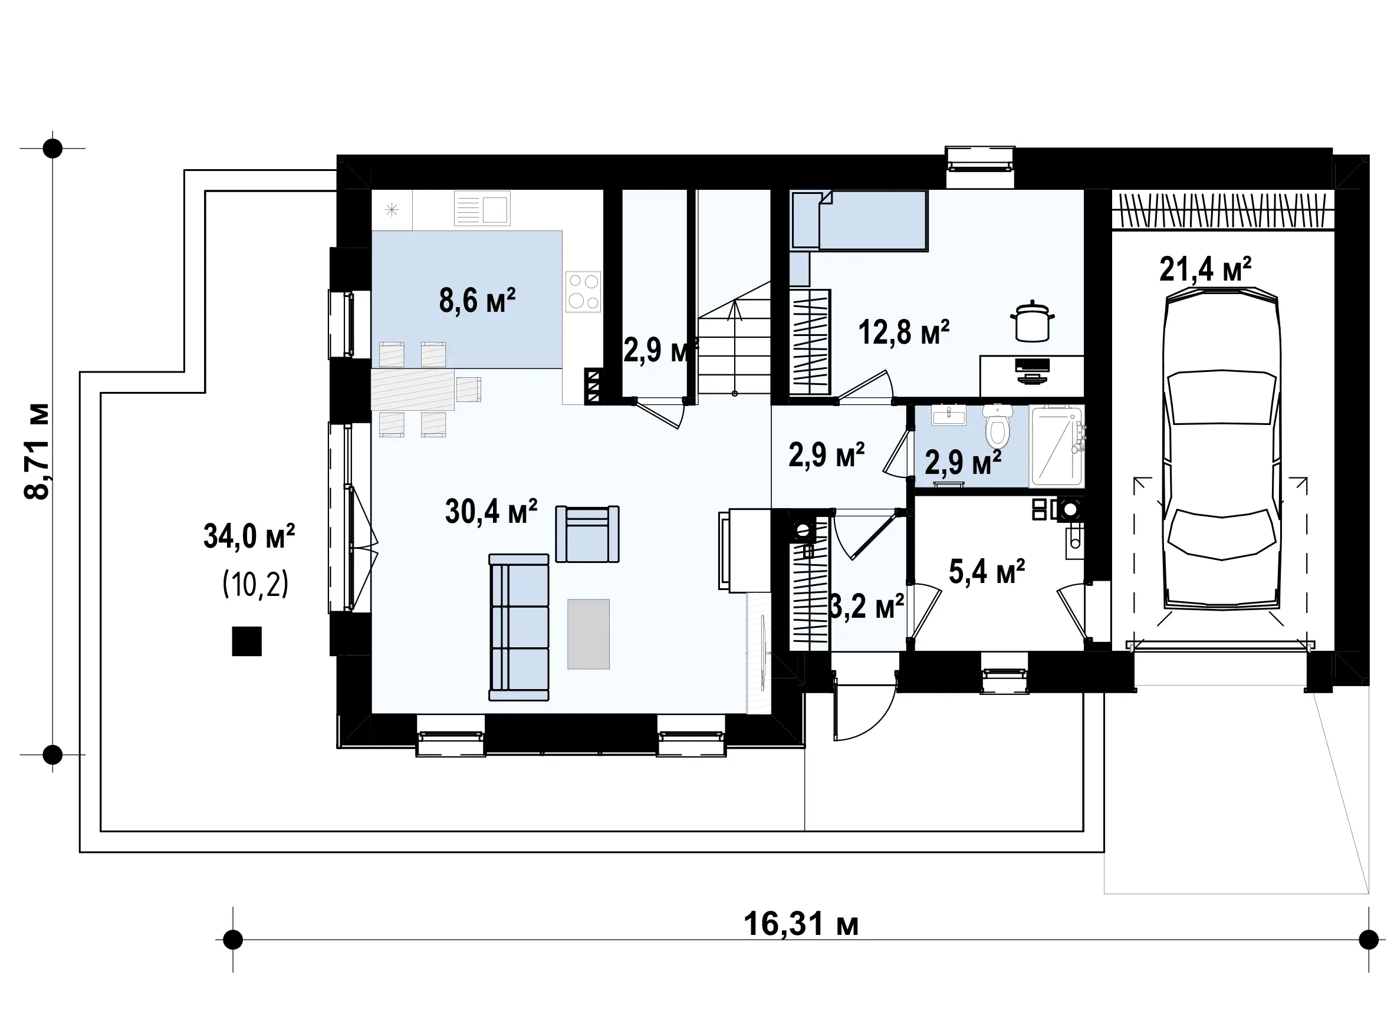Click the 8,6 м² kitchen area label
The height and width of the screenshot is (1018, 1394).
477,301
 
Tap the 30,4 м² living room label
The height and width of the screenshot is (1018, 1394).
491,512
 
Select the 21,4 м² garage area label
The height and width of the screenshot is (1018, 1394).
1205,269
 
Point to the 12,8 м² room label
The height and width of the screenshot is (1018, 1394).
903,333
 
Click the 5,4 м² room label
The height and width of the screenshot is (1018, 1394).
987,571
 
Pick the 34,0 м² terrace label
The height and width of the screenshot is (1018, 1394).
249,536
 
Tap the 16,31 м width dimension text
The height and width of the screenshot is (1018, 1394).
801,924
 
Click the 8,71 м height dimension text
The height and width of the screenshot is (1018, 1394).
37,451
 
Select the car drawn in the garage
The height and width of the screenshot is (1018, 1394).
1221,449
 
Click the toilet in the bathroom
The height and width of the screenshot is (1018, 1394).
998,426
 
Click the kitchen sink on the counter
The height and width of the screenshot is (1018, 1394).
482,208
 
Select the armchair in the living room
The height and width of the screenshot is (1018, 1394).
587,533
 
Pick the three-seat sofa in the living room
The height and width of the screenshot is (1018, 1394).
519,627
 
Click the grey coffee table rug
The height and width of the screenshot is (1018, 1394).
588,634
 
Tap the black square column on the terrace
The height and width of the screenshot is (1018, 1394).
246,641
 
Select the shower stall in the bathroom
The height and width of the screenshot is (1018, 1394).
1056,446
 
